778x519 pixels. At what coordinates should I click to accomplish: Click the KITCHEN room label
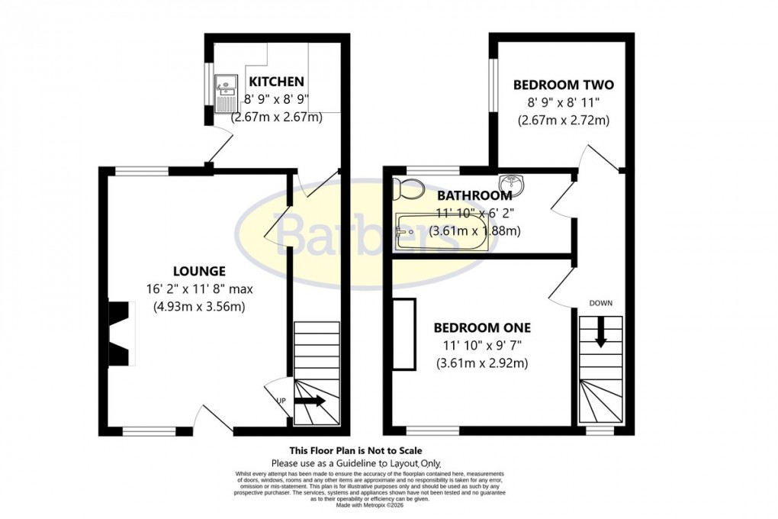click(277, 82)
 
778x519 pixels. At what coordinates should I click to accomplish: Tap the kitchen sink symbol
click(227, 92)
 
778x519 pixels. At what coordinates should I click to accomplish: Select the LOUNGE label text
click(199, 271)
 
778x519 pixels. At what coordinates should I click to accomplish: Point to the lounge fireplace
click(119, 334)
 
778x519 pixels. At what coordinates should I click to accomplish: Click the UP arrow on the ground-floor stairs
click(309, 401)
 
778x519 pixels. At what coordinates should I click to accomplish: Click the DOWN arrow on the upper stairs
click(601, 334)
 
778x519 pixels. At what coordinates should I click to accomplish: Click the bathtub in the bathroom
click(441, 232)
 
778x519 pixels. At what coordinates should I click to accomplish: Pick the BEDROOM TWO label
click(563, 85)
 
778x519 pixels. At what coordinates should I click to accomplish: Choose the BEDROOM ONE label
click(482, 328)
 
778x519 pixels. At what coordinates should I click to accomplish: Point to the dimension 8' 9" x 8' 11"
click(563, 102)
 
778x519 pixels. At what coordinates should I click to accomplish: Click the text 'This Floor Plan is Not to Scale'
click(355, 450)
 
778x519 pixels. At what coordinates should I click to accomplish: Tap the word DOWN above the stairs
click(600, 303)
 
